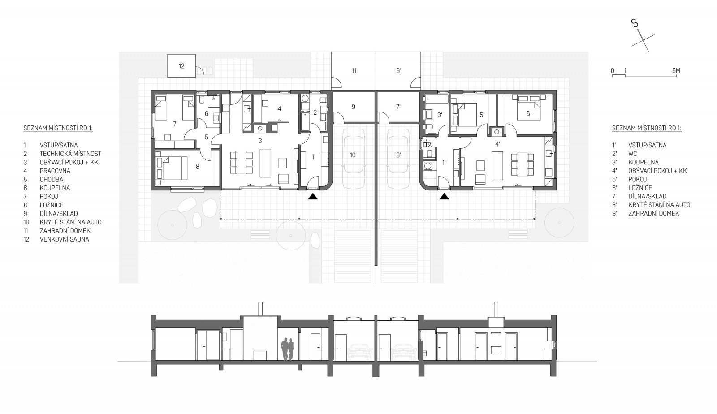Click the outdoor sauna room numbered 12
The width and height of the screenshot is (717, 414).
tap(181, 66)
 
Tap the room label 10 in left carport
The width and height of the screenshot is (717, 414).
tap(352, 155)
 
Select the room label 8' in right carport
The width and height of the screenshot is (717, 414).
tap(398, 155)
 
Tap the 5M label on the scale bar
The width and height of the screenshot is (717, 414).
tap(676, 71)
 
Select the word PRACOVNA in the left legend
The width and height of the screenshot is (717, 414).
tap(55, 171)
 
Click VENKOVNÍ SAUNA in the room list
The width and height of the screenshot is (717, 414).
tap(65, 239)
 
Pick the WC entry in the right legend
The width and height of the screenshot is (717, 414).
tap(632, 154)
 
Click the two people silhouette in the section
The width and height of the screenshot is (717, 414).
tap(287, 349)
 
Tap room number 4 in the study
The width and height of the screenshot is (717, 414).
tap(280, 109)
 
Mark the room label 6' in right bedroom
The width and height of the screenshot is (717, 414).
tap(529, 113)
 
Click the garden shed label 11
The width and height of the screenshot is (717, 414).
tap(354, 71)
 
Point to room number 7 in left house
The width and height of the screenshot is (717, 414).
tap(174, 124)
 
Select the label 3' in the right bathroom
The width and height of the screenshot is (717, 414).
tap(440, 115)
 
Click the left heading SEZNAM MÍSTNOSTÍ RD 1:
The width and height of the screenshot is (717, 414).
tap(58, 128)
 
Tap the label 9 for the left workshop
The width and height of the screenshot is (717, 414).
tap(354, 107)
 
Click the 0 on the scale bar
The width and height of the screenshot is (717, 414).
tap(612, 71)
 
